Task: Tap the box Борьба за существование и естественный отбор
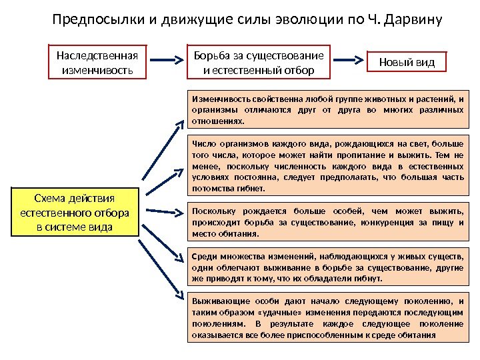coord(258,62)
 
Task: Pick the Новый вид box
coord(406,62)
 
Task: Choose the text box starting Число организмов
coord(327,165)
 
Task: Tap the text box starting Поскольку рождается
coord(327,223)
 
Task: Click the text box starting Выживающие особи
coord(327,317)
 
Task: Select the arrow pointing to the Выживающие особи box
coord(164,273)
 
